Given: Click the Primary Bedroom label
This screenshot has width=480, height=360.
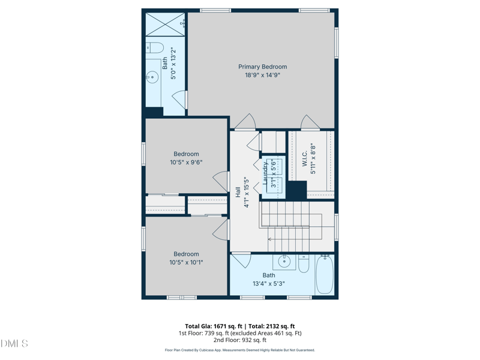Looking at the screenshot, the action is (263, 67).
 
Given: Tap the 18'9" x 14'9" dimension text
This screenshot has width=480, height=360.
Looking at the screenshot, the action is (263, 75).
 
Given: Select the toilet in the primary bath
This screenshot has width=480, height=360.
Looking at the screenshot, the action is (155, 48).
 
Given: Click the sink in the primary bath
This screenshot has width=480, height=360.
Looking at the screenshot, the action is (152, 77).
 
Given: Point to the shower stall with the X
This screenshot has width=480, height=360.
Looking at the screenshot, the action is (165, 24).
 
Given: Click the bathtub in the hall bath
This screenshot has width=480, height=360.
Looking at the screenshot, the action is (325, 274).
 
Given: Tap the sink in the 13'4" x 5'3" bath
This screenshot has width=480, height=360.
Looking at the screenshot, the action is (284, 262).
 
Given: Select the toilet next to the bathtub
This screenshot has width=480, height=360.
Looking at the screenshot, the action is (304, 264).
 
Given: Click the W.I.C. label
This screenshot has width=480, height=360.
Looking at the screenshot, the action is (305, 159).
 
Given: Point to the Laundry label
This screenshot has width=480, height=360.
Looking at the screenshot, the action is (265, 173).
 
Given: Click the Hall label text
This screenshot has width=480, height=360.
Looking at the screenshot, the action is (238, 192).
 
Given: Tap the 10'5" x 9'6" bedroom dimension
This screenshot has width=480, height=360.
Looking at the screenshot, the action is (186, 162).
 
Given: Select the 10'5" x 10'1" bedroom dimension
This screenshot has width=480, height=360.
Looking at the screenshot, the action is (186, 262).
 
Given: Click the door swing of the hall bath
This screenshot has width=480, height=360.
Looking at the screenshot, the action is (242, 260).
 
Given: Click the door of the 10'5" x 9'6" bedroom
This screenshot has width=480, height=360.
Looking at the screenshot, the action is (221, 181).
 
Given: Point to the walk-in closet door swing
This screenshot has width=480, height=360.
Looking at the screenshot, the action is (310, 122).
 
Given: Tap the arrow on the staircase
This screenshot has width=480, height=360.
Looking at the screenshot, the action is (270, 239).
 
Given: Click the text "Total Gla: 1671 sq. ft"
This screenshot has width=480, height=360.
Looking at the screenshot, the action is (214, 326).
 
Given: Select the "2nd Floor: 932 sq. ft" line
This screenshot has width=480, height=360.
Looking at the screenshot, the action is (239, 340).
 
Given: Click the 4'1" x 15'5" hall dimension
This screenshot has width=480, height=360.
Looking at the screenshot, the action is (247, 192).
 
